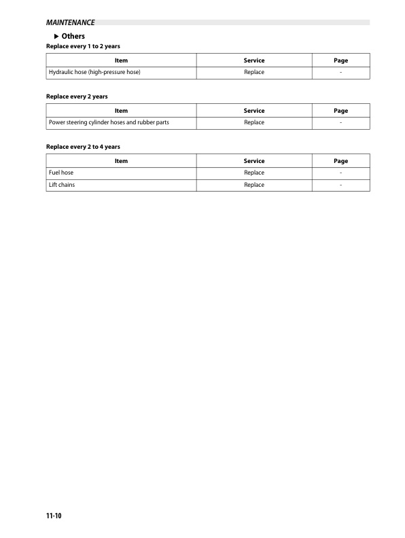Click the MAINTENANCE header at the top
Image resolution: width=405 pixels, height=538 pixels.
coord(70,22)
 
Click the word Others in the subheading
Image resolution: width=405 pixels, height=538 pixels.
coord(73,36)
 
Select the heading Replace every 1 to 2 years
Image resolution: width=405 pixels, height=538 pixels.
coord(83,46)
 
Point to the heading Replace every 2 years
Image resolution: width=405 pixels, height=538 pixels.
coord(76,96)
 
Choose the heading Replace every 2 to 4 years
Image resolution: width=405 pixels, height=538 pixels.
coord(83,147)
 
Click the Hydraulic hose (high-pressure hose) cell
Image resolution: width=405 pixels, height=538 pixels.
coord(94,72)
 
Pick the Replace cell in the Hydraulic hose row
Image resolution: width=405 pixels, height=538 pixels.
coord(253,72)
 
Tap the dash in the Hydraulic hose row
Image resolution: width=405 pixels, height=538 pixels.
coord(341,72)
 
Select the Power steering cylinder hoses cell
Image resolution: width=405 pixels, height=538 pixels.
coord(109,122)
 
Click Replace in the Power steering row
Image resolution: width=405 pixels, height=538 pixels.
coord(253,122)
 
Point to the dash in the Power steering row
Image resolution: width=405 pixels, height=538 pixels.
coord(341,122)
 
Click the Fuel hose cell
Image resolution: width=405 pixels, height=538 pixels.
coord(61,173)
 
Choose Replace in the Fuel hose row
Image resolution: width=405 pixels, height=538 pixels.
coord(253,173)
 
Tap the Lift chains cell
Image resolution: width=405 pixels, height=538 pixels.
coord(62,185)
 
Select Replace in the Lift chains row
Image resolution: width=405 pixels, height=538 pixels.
coord(253,185)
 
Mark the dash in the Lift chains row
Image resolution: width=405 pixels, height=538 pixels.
coord(341,185)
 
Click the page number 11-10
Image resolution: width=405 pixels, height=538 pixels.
coord(54,516)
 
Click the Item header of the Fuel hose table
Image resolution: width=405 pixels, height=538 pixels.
coord(121,161)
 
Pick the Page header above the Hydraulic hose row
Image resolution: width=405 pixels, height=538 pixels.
coord(341,60)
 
